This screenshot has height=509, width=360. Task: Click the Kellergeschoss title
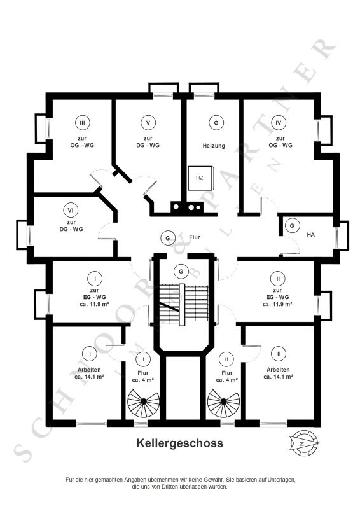point(179,443)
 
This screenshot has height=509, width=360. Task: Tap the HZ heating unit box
point(200,178)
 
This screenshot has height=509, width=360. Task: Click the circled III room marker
point(83,123)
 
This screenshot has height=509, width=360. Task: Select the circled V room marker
point(148,123)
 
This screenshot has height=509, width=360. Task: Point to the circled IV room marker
point(279,123)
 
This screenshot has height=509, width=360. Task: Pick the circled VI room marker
point(71,210)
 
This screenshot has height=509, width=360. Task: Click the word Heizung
point(214,146)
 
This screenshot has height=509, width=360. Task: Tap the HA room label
point(310,234)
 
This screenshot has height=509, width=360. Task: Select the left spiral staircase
point(144,401)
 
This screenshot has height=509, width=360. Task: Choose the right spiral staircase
point(223,401)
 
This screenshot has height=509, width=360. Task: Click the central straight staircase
point(183,304)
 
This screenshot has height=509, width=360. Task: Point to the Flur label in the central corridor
point(195,237)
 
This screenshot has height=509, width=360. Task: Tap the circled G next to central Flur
point(168,238)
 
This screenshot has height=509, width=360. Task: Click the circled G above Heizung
point(216,123)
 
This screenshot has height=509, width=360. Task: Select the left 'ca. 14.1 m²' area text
point(89,377)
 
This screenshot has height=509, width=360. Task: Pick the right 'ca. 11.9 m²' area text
point(277,305)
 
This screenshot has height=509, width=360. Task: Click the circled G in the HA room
point(292,225)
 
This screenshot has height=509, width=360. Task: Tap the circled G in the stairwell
point(181,271)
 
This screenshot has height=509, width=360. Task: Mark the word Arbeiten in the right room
point(278,370)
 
